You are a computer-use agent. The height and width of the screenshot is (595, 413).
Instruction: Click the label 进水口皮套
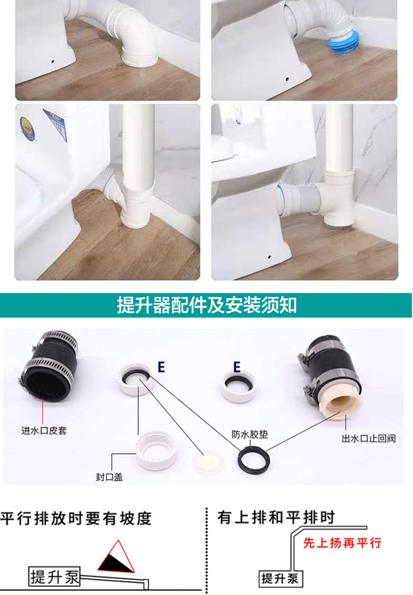pyautogui.click(x=44, y=431)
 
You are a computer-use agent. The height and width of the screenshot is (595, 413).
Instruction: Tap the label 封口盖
pyautogui.click(x=108, y=477)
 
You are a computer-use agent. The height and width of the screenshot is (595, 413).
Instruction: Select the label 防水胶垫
pyautogui.click(x=249, y=434)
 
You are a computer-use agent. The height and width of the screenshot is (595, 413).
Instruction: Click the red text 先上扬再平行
pyautogui.click(x=342, y=543)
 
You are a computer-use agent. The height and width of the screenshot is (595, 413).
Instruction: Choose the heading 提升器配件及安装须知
pyautogui.click(x=206, y=305)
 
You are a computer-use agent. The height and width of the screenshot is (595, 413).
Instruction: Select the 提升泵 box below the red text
pyautogui.click(x=280, y=578)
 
